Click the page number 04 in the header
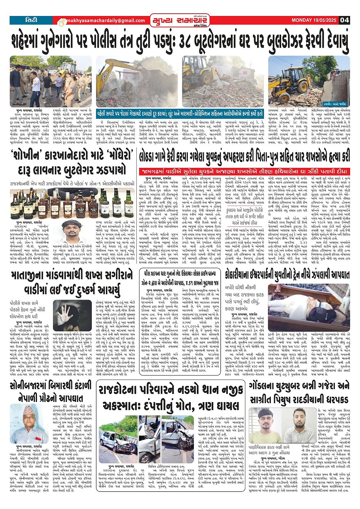344,20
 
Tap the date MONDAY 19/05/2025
314,20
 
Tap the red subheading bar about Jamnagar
244,171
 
